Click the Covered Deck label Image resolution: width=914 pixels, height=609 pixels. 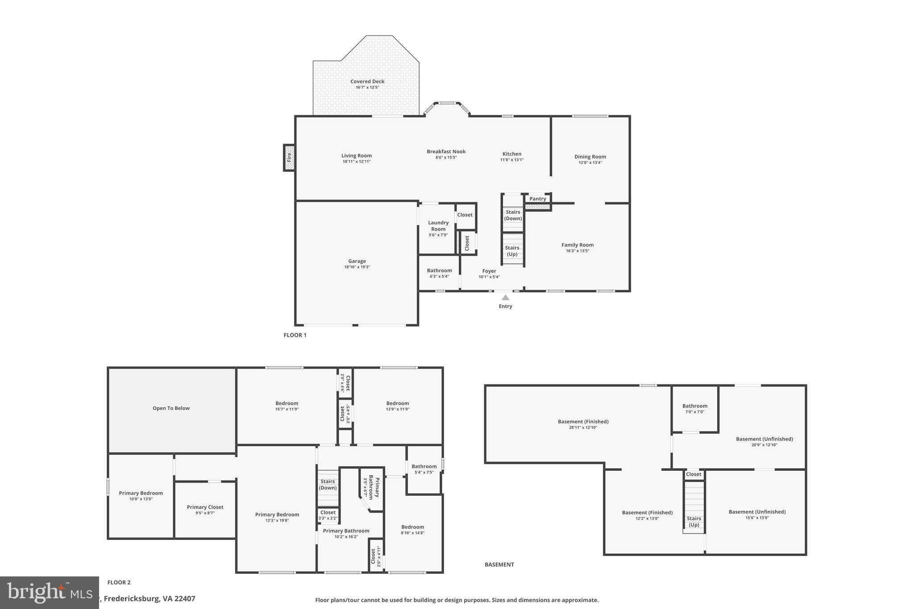pyautogui.click(x=367, y=82)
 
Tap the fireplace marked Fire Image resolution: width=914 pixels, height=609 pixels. pyautogui.click(x=289, y=157)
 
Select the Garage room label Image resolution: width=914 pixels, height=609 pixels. pyautogui.click(x=357, y=261)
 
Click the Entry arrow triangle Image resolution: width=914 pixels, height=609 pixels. pyautogui.click(x=505, y=298)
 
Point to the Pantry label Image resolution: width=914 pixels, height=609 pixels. pyautogui.click(x=538, y=199)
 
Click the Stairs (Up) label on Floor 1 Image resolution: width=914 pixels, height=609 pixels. pyautogui.click(x=512, y=251)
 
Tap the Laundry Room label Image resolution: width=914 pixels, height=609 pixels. pyautogui.click(x=438, y=226)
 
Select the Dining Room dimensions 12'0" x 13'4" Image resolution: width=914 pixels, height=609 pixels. pyautogui.click(x=590, y=163)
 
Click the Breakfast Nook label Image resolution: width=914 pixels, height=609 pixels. pyautogui.click(x=446, y=152)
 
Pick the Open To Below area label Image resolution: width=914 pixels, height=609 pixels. pyautogui.click(x=171, y=408)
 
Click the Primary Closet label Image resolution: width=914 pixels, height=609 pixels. pyautogui.click(x=205, y=507)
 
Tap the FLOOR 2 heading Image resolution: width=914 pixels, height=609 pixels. pyautogui.click(x=119, y=582)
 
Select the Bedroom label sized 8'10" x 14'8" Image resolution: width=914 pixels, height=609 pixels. pyautogui.click(x=412, y=527)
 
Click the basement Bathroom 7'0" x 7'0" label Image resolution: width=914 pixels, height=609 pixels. pyautogui.click(x=694, y=406)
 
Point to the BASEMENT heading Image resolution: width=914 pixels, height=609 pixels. pyautogui.click(x=499, y=564)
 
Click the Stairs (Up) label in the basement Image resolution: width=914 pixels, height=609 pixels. pyautogui.click(x=694, y=522)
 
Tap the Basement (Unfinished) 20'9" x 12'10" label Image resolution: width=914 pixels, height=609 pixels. pyautogui.click(x=764, y=439)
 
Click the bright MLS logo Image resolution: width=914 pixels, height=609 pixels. pyautogui.click(x=49, y=592)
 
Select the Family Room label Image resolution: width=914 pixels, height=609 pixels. pyautogui.click(x=577, y=245)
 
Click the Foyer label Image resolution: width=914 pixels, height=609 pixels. pyautogui.click(x=489, y=271)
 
